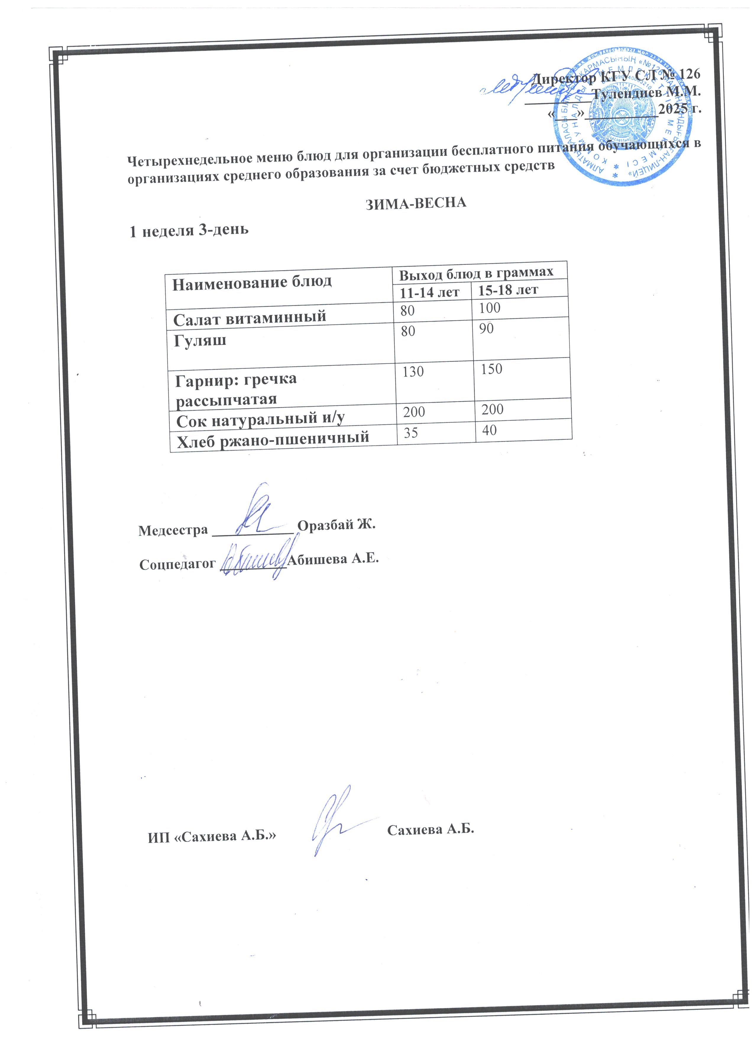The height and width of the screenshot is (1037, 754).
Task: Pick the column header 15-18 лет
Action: pyautogui.click(x=507, y=289)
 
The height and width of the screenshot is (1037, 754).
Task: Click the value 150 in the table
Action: pyautogui.click(x=491, y=369)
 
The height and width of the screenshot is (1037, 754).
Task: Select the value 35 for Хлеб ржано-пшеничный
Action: pyautogui.click(x=411, y=432)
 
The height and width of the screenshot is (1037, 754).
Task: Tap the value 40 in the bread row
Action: pyautogui.click(x=489, y=430)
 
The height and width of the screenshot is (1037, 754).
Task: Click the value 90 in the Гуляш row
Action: pyautogui.click(x=486, y=328)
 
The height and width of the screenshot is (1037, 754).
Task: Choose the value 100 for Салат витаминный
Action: pyautogui.click(x=490, y=308)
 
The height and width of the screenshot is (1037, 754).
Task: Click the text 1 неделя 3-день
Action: pyautogui.click(x=189, y=231)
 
